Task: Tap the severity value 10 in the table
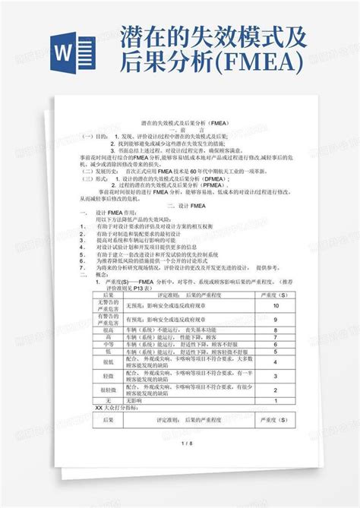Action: coord(275,304)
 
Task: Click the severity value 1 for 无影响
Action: coord(275,400)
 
